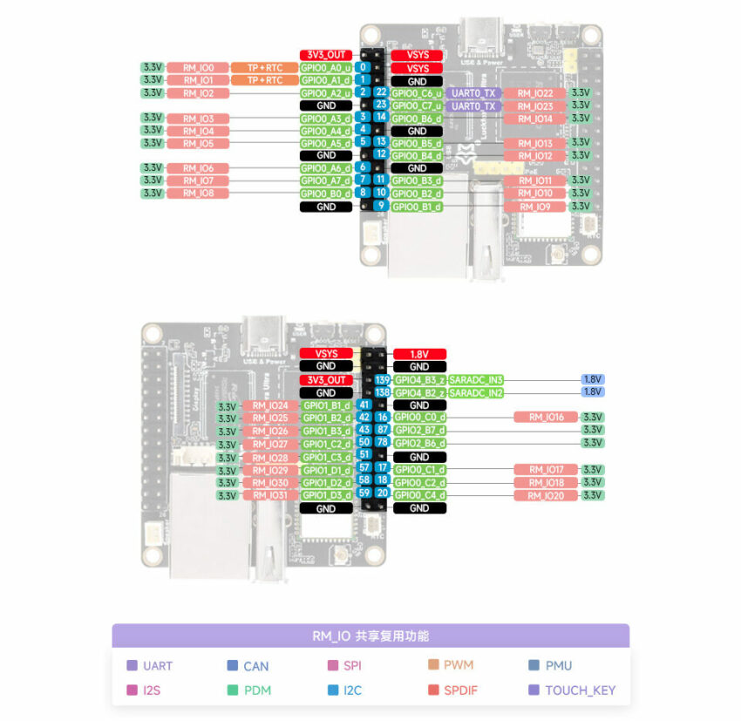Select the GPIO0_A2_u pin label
pyautogui.click(x=326, y=92)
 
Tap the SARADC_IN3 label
pyautogui.click(x=476, y=380)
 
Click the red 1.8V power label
pyautogui.click(x=418, y=354)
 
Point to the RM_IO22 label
pyautogui.click(x=535, y=93)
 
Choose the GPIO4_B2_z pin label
pyautogui.click(x=419, y=393)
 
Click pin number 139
pyautogui.click(x=382, y=380)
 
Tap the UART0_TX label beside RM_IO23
pyautogui.click(x=472, y=105)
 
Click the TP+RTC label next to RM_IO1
pyautogui.click(x=265, y=80)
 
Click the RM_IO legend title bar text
pyautogui.click(x=370, y=636)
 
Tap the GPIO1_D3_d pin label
pyautogui.click(x=326, y=495)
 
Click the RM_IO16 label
pyautogui.click(x=546, y=418)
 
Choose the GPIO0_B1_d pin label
pyautogui.click(x=417, y=207)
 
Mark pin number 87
pyautogui.click(x=382, y=430)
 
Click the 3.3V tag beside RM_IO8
pyautogui.click(x=153, y=193)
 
